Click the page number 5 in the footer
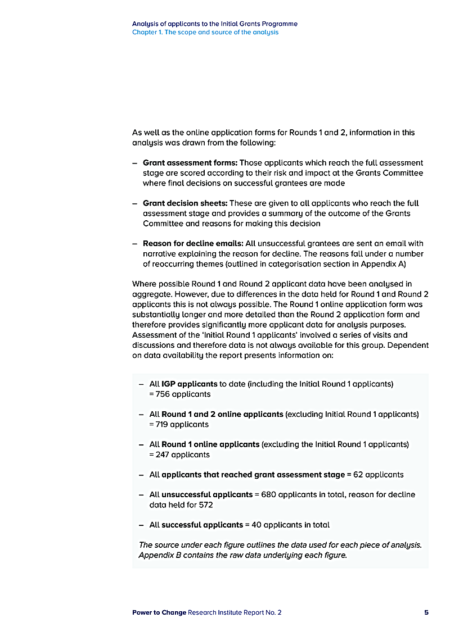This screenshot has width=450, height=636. click(426, 612)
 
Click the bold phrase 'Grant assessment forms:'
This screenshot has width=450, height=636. click(190, 163)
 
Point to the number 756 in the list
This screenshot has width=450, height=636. click(163, 394)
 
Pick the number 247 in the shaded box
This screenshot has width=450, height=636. click(162, 455)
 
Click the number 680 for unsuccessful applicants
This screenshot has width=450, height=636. click(268, 495)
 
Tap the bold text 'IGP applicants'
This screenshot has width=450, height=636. click(189, 384)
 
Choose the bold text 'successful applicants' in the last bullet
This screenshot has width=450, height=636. click(202, 525)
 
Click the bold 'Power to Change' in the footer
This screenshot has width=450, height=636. click(159, 612)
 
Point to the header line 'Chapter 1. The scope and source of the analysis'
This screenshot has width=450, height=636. click(205, 33)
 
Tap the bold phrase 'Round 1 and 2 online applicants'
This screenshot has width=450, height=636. click(222, 415)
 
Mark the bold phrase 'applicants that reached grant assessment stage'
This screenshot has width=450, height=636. click(253, 475)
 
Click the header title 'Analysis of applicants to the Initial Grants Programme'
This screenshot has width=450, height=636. click(215, 24)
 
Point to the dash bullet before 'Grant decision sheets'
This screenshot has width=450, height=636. click(135, 203)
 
